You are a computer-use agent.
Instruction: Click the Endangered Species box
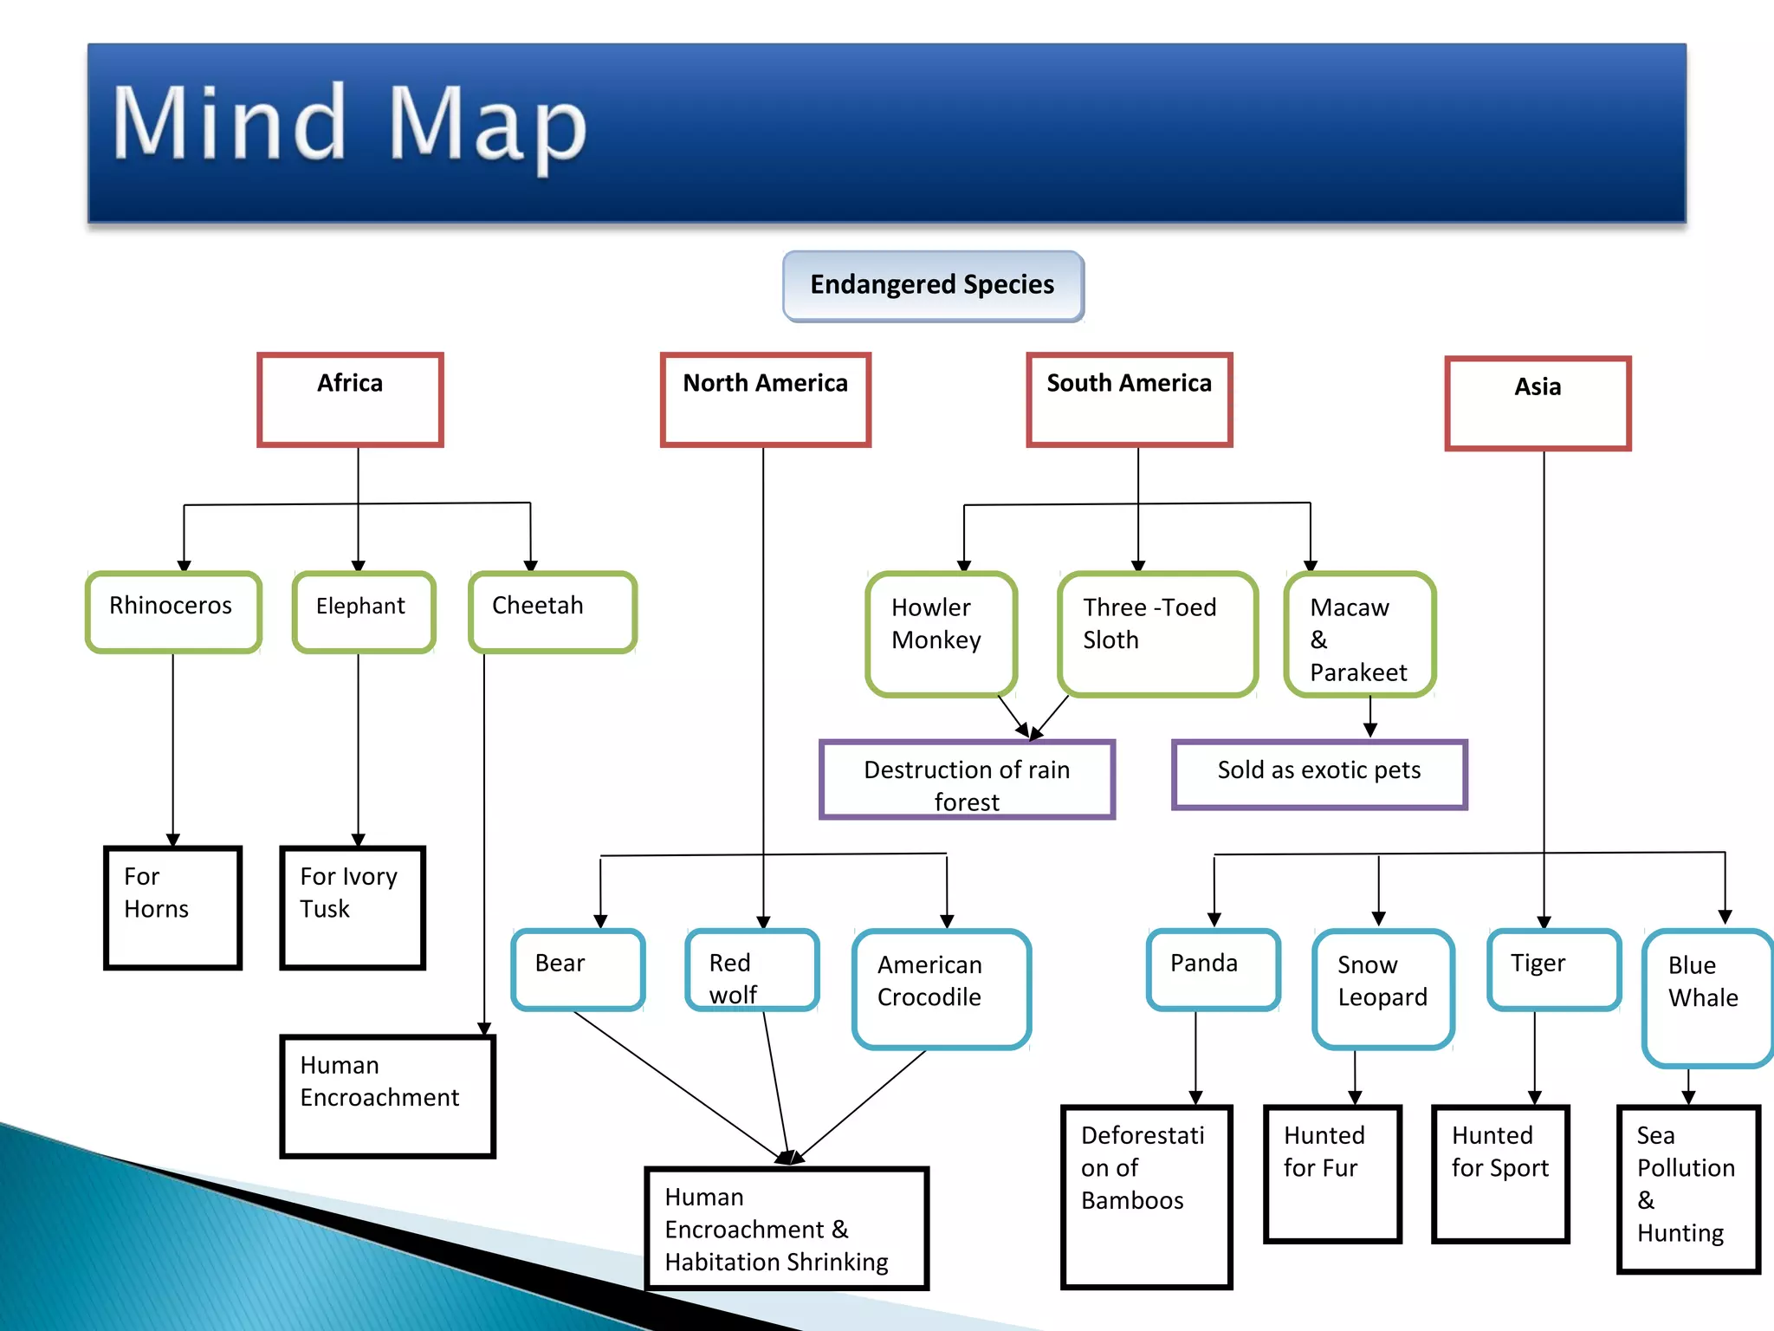(x=933, y=286)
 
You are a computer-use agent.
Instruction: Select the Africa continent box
(x=350, y=399)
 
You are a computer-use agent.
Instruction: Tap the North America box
(x=765, y=399)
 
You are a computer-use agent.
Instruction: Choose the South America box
(x=1129, y=399)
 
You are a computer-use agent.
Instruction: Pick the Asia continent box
(x=1538, y=403)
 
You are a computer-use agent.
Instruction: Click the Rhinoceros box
(x=173, y=612)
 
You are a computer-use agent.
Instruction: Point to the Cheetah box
(x=553, y=612)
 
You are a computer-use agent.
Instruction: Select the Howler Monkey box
(x=941, y=633)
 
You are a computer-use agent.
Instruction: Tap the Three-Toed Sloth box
(x=1156, y=633)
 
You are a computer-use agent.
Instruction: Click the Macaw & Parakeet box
(x=1359, y=633)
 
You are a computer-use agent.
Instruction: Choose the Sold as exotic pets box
(x=1318, y=774)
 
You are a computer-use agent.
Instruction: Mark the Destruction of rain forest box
(x=967, y=779)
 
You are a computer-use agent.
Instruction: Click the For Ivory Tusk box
(x=353, y=907)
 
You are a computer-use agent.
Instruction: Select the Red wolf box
(x=752, y=970)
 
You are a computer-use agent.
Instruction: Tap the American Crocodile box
(x=942, y=989)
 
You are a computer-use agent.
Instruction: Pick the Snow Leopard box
(x=1382, y=989)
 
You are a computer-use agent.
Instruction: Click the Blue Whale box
(x=1706, y=997)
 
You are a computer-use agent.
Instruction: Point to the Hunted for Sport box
(x=1500, y=1173)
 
